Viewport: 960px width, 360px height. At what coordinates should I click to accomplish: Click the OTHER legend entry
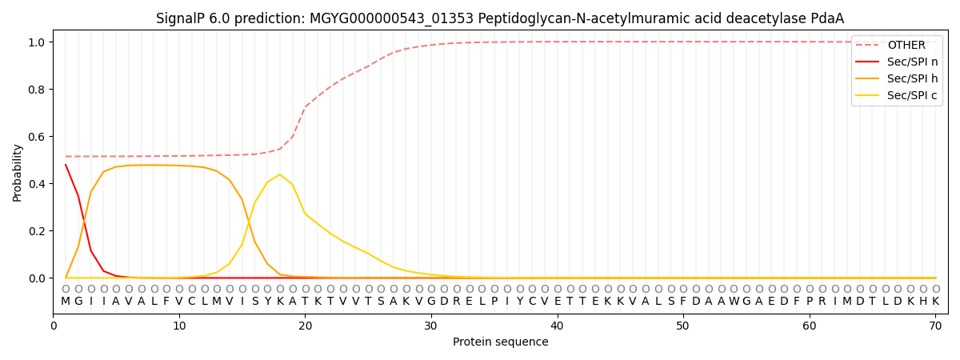[897, 45]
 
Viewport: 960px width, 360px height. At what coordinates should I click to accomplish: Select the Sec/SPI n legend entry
[897, 62]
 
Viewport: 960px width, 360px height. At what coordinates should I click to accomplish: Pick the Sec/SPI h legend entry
[897, 78]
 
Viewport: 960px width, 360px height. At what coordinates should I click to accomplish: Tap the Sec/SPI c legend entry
[897, 95]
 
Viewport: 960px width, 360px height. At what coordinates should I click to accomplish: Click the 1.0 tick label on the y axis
[37, 42]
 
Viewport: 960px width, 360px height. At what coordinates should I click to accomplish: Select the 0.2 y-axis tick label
[37, 231]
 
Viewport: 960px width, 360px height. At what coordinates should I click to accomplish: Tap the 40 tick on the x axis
[557, 316]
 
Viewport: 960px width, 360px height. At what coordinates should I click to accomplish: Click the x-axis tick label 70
[935, 326]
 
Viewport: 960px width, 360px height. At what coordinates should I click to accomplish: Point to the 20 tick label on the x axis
[305, 326]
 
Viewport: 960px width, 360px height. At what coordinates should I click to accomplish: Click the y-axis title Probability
[17, 173]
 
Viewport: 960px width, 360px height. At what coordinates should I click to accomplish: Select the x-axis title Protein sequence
[501, 342]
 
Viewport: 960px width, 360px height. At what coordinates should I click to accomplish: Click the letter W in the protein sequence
[734, 302]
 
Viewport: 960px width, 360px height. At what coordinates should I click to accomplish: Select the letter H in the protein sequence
[923, 302]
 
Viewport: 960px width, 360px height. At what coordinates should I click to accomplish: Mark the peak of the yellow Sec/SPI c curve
[280, 174]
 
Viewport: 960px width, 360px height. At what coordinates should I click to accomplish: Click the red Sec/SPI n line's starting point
[66, 164]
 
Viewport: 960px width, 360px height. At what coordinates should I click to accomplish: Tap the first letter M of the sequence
[66, 302]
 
